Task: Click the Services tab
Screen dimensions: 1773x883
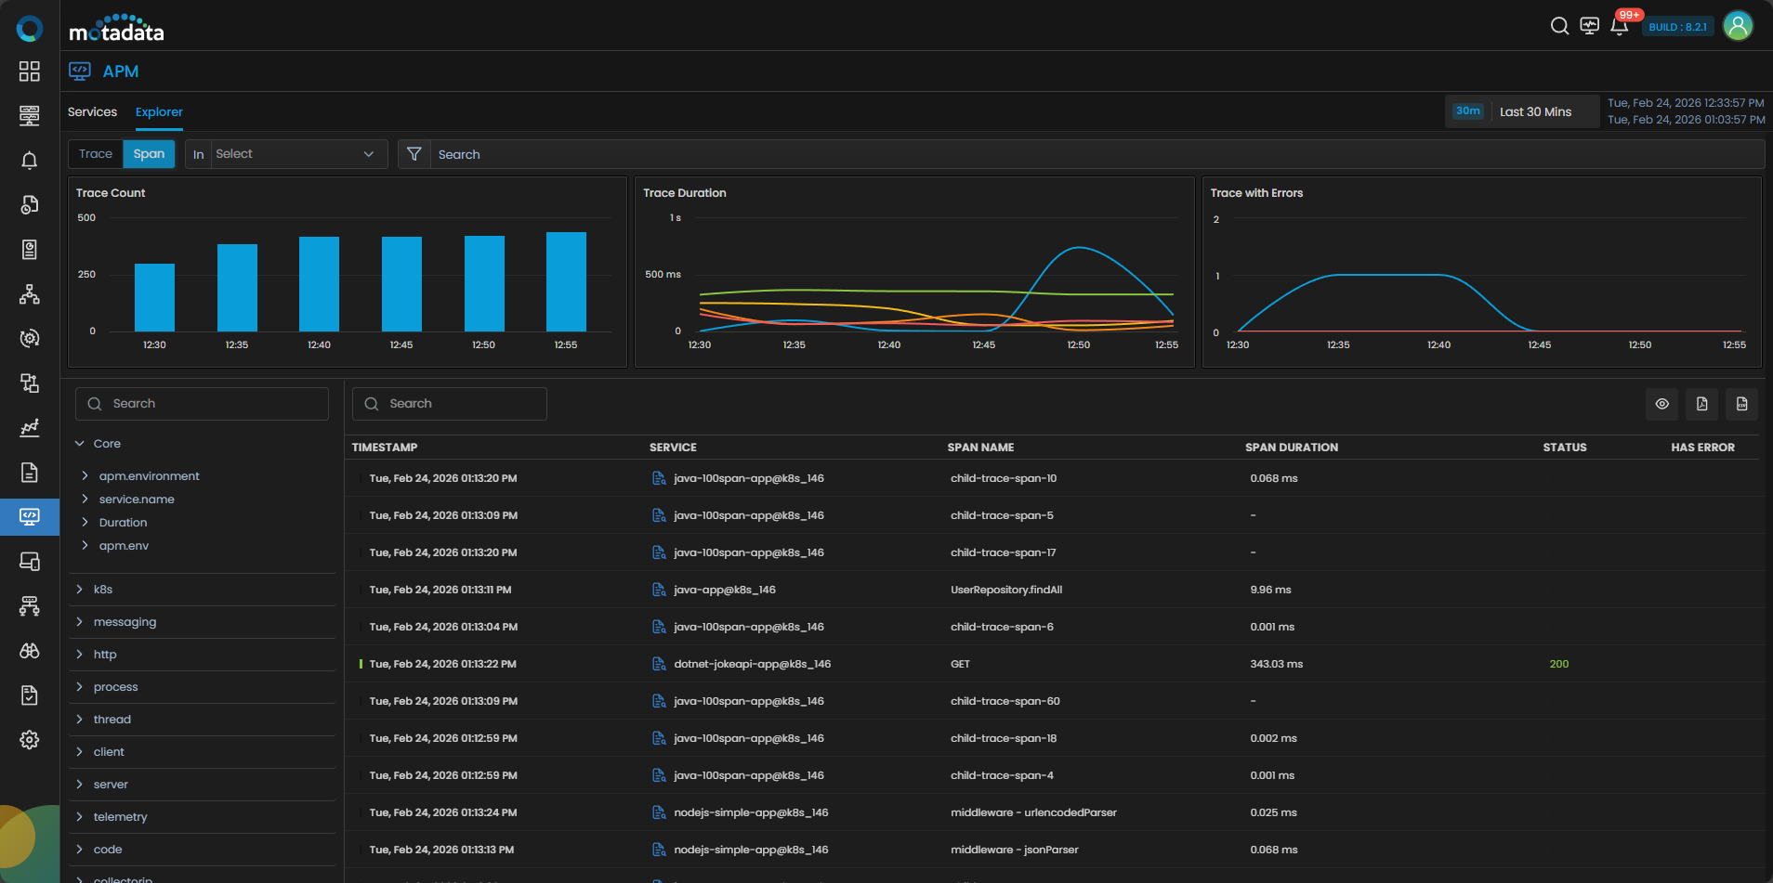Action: [x=92, y=112]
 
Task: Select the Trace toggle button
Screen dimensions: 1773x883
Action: [x=96, y=154]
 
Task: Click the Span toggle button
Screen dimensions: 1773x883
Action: [x=149, y=154]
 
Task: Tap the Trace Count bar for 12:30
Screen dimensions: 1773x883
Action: [x=154, y=297]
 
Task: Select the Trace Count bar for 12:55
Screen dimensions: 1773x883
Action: [x=566, y=281]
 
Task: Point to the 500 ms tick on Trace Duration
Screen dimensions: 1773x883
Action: [x=663, y=275]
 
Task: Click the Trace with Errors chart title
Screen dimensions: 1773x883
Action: [x=1256, y=193]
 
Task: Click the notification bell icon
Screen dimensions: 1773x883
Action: [x=1619, y=26]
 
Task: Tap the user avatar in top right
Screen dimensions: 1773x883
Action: [x=1738, y=26]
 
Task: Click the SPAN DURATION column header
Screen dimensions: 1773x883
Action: [x=1292, y=448]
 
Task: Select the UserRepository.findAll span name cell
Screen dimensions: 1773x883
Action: [x=1006, y=590]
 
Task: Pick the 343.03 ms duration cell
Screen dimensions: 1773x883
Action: [x=1277, y=664]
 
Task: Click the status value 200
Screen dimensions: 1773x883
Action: [x=1559, y=664]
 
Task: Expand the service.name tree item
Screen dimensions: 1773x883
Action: [x=137, y=500]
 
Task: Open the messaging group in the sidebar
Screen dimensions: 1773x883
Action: [x=125, y=622]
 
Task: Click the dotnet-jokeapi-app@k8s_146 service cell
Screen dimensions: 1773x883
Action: [x=753, y=664]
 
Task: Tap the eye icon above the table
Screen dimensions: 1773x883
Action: [x=1662, y=404]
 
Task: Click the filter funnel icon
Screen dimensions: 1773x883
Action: [x=414, y=154]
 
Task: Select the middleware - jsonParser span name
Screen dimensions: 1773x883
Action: [x=1015, y=850]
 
